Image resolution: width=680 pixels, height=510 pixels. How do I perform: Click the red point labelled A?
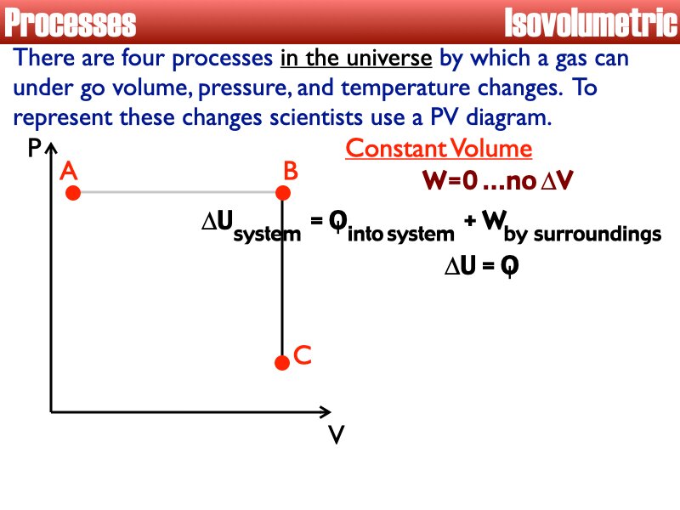73,193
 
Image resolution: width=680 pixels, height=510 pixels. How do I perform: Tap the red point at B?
283,193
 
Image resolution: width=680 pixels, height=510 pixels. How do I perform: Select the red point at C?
282,363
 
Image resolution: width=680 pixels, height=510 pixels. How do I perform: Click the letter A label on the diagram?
70,172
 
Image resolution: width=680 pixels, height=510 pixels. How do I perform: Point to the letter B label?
291,172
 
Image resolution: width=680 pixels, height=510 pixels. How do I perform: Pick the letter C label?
302,355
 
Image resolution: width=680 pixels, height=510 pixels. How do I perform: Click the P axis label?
34,150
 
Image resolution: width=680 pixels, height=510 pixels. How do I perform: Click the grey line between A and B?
178,193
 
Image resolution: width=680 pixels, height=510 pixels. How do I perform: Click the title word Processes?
71,23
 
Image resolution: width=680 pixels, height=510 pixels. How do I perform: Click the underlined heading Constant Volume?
439,149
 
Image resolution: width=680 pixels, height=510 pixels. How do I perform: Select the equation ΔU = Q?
481,266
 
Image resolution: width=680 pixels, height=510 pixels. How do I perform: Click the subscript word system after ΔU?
266,234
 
